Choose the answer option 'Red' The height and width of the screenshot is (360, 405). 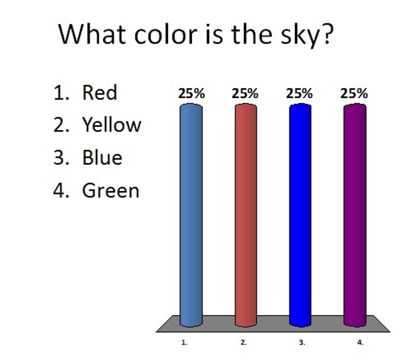[x=99, y=92]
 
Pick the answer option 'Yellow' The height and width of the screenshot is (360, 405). [x=112, y=125]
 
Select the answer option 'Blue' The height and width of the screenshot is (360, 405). [x=102, y=158]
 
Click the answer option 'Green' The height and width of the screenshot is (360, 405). [x=111, y=191]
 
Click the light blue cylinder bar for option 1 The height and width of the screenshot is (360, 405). [x=191, y=215]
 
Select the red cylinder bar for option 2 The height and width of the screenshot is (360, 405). [x=245, y=215]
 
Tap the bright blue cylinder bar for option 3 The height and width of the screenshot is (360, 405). [x=300, y=215]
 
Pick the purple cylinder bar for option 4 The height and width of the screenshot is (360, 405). [x=355, y=215]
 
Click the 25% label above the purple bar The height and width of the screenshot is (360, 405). [x=354, y=94]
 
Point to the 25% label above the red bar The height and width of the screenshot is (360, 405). [x=245, y=94]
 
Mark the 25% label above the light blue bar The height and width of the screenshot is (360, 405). [x=191, y=94]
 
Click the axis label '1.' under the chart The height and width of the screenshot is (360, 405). [x=184, y=342]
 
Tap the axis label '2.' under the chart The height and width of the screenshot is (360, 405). [x=244, y=342]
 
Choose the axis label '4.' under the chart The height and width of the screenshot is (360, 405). [x=360, y=342]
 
